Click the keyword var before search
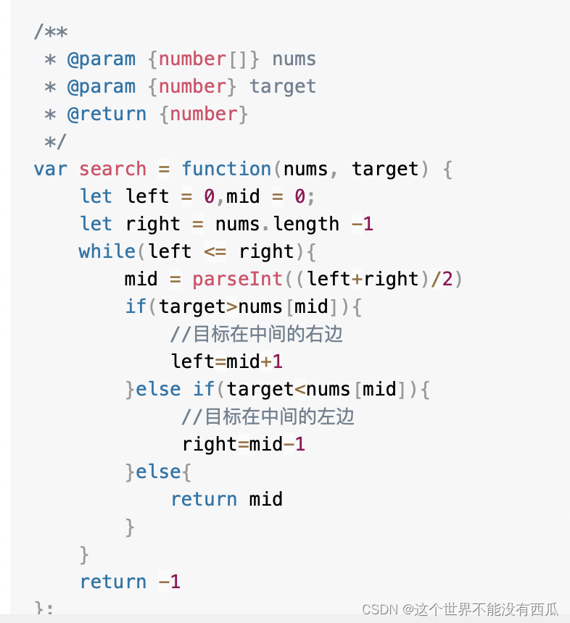click(x=50, y=170)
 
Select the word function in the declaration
click(x=226, y=170)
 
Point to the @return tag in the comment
click(x=107, y=114)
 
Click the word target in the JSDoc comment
click(x=283, y=87)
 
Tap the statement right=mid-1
click(x=244, y=444)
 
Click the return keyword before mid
click(x=204, y=499)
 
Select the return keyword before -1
click(x=112, y=582)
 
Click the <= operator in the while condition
click(x=215, y=251)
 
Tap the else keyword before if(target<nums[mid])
click(x=158, y=389)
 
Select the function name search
click(x=112, y=170)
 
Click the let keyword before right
click(x=96, y=225)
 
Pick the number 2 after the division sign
click(x=445, y=280)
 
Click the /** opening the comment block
click(x=51, y=32)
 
